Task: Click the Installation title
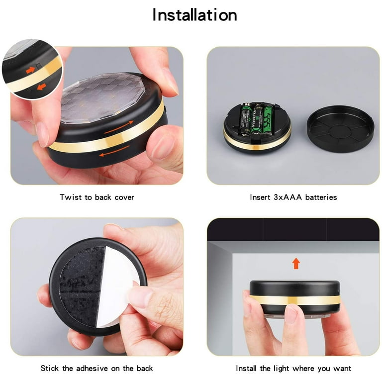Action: [194, 14]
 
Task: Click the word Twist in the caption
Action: [70, 197]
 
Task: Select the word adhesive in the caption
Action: [93, 369]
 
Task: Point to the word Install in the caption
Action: [248, 369]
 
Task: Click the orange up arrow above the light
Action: [296, 263]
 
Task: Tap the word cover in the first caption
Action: [122, 197]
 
